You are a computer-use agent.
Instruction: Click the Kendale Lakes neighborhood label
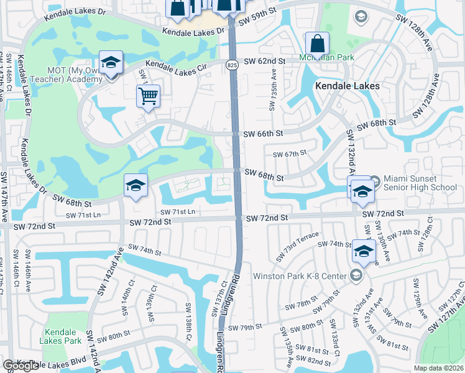coord(348,86)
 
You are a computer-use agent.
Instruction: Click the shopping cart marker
coord(148,96)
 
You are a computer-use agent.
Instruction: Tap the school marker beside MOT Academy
coord(111,62)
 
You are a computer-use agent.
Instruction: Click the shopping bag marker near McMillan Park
coord(317,44)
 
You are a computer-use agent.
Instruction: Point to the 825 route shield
coord(232,65)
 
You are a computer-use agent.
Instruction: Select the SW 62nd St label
coord(264,61)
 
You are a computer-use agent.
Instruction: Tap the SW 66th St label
coord(263,134)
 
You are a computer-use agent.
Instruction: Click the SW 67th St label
coord(290,153)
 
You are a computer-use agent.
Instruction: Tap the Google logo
coord(21,366)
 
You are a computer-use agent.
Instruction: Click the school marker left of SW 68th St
coord(135,186)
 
